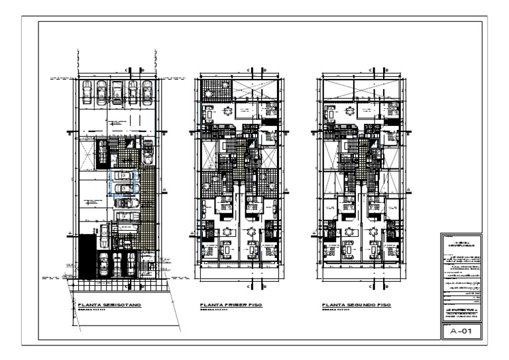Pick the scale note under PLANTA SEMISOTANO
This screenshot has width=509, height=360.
coord(91,311)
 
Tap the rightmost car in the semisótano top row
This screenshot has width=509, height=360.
coord(148,93)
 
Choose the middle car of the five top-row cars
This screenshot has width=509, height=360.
coord(117,93)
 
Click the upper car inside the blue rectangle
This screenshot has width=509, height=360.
coord(123,175)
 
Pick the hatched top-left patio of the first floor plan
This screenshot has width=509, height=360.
coord(216,90)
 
